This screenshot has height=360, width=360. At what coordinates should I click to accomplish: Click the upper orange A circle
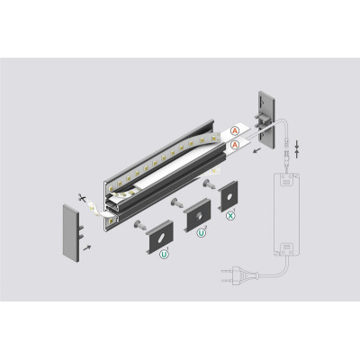[235, 130]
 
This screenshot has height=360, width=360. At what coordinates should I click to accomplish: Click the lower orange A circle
[235, 145]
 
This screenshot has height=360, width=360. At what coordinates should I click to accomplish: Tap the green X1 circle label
[230, 216]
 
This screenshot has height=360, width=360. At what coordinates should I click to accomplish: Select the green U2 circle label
[201, 233]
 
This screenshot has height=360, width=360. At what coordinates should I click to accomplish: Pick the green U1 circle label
[164, 255]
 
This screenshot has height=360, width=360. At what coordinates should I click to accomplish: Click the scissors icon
[81, 198]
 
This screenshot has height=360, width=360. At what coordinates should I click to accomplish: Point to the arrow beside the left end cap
[86, 247]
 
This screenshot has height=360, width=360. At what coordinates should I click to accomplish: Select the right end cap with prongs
[265, 119]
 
